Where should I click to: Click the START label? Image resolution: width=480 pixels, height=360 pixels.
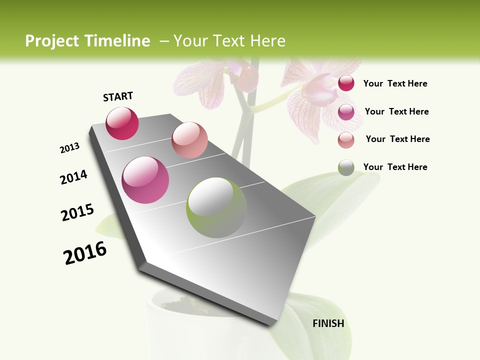pyautogui.click(x=118, y=96)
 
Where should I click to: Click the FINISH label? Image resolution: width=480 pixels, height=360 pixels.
pyautogui.click(x=328, y=323)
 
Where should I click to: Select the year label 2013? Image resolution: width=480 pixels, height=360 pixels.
pyautogui.click(x=70, y=148)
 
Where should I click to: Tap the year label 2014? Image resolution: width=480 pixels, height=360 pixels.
pyautogui.click(x=74, y=177)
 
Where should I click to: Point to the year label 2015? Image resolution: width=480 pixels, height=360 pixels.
pyautogui.click(x=77, y=212)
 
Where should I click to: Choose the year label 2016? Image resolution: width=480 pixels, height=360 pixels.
pyautogui.click(x=85, y=252)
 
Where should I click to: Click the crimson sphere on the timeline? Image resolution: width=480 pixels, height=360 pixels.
pyautogui.click(x=122, y=123)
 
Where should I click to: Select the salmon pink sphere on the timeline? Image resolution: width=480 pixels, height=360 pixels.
pyautogui.click(x=189, y=140)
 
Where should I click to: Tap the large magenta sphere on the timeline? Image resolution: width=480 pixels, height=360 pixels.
pyautogui.click(x=145, y=180)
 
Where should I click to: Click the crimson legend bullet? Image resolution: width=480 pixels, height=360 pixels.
pyautogui.click(x=346, y=83)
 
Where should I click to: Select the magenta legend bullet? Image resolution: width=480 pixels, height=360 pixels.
pyautogui.click(x=346, y=112)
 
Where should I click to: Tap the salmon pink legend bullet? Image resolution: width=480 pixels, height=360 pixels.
pyautogui.click(x=346, y=140)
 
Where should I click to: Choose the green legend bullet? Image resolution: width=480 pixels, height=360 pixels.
pyautogui.click(x=346, y=167)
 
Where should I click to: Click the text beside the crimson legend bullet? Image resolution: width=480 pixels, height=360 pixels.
pyautogui.click(x=395, y=83)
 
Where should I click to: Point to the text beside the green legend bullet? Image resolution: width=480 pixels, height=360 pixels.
pyautogui.click(x=395, y=167)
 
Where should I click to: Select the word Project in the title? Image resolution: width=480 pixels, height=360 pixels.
pyautogui.click(x=52, y=41)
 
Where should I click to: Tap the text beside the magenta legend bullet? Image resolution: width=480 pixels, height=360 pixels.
pyautogui.click(x=396, y=111)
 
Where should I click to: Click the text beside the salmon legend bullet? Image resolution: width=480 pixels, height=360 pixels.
pyautogui.click(x=397, y=139)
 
